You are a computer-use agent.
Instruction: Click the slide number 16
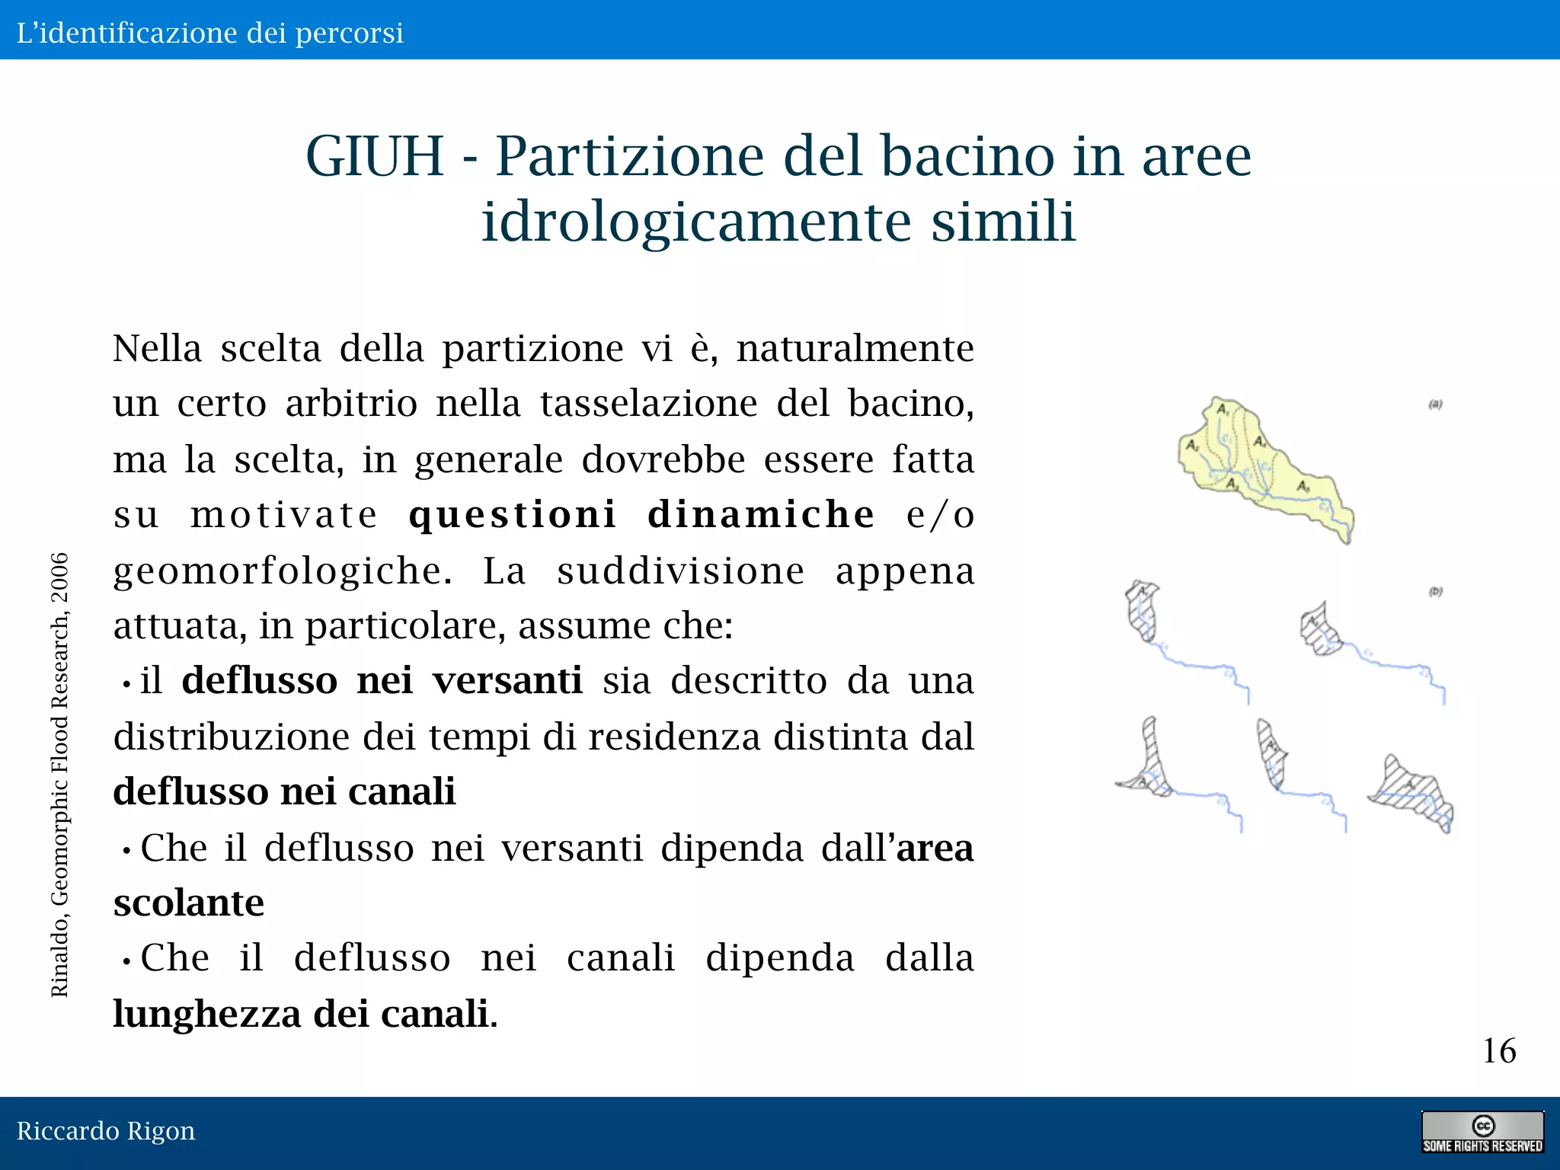click(1498, 1051)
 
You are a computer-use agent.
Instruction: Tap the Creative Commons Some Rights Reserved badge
click(1482, 1132)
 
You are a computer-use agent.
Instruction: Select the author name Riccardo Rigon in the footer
click(106, 1131)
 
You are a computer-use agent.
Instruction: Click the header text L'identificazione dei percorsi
click(210, 33)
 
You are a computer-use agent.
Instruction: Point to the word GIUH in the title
click(374, 156)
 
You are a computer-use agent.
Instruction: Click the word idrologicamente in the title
click(696, 222)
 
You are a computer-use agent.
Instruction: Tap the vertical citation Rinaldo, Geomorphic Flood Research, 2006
click(59, 775)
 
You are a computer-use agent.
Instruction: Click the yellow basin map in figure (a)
click(1257, 465)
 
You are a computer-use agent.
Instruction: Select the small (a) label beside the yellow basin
click(1435, 404)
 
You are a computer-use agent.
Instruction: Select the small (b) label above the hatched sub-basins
click(1435, 591)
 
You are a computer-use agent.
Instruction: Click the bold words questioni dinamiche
click(641, 514)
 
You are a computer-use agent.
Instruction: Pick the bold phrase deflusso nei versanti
click(382, 680)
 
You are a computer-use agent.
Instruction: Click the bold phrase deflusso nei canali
click(284, 791)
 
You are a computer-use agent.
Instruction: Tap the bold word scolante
click(188, 903)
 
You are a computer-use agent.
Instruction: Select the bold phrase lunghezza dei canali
click(301, 1015)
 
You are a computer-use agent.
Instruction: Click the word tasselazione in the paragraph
click(648, 404)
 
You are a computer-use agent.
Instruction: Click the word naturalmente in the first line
click(855, 349)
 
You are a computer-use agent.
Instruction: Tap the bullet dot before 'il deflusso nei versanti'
click(126, 684)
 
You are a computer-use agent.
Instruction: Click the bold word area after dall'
click(935, 849)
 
